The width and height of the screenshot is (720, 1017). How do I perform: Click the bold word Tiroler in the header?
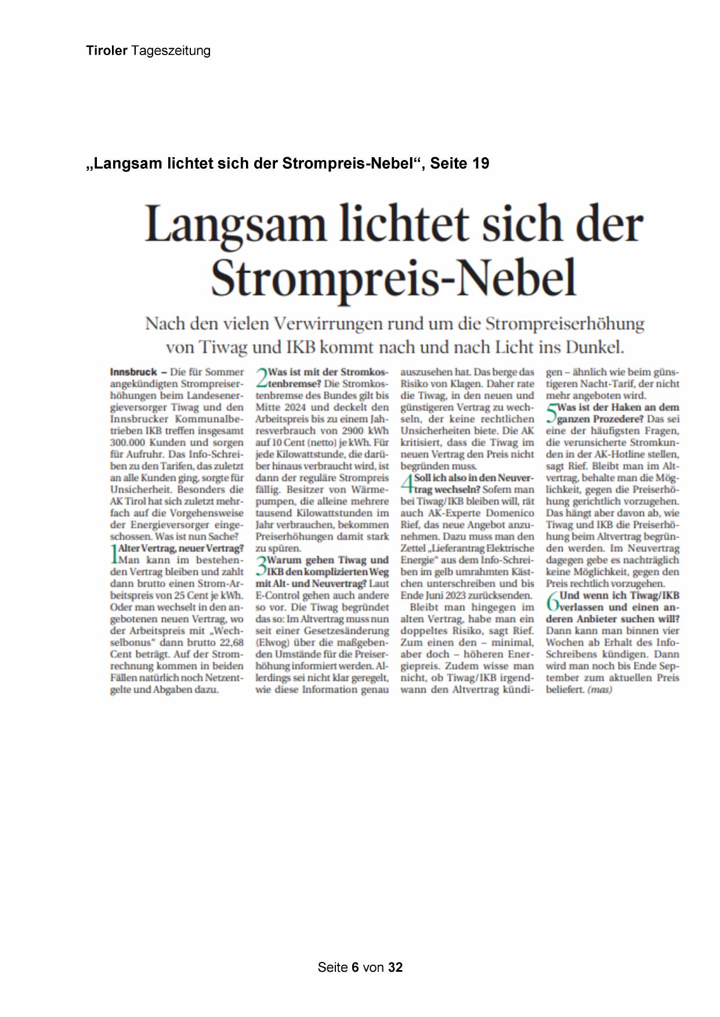[x=106, y=50]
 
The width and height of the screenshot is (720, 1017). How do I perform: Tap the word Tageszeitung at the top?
[x=171, y=51]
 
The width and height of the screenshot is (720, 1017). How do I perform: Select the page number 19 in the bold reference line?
[x=481, y=164]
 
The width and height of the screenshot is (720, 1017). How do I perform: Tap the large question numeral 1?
[x=114, y=554]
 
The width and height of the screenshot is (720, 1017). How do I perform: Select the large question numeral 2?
[x=261, y=377]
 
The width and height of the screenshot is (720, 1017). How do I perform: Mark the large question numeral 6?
[x=552, y=601]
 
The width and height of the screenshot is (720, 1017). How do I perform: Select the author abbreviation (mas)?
[x=600, y=690]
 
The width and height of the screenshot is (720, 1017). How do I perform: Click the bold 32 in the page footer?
[x=395, y=967]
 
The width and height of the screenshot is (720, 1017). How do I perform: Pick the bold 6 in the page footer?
[x=355, y=967]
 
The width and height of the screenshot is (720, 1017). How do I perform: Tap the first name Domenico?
[x=510, y=513]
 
